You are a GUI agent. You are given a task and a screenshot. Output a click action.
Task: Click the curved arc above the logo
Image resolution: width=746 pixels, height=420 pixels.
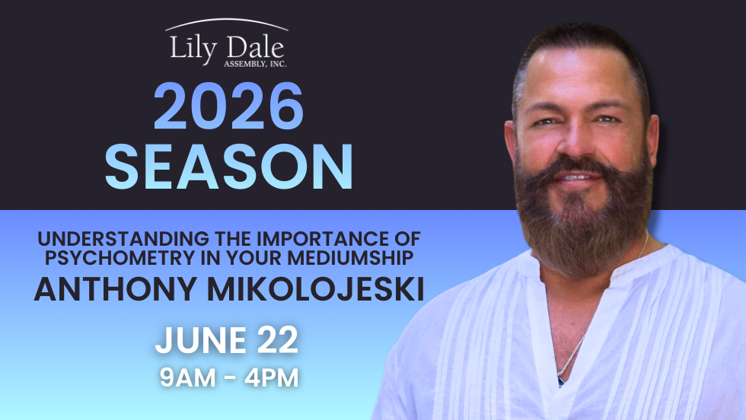[227, 24]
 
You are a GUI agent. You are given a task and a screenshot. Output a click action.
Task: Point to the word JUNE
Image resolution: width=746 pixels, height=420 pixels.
[197, 342]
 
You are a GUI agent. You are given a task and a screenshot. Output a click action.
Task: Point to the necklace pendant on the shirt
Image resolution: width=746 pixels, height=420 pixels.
[561, 378]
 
